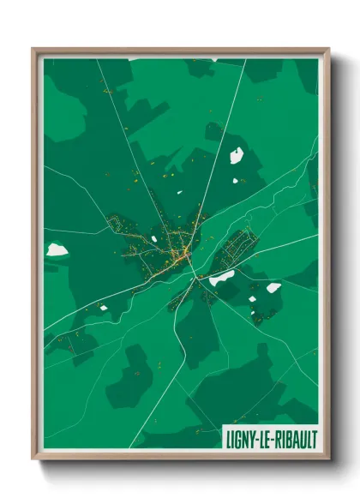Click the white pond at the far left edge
pos(57,249)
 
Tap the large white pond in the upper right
pos(236,155)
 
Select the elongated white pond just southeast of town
pos(222,278)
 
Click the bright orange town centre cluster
pos(185,249)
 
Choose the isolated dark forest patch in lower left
pos(130,375)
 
